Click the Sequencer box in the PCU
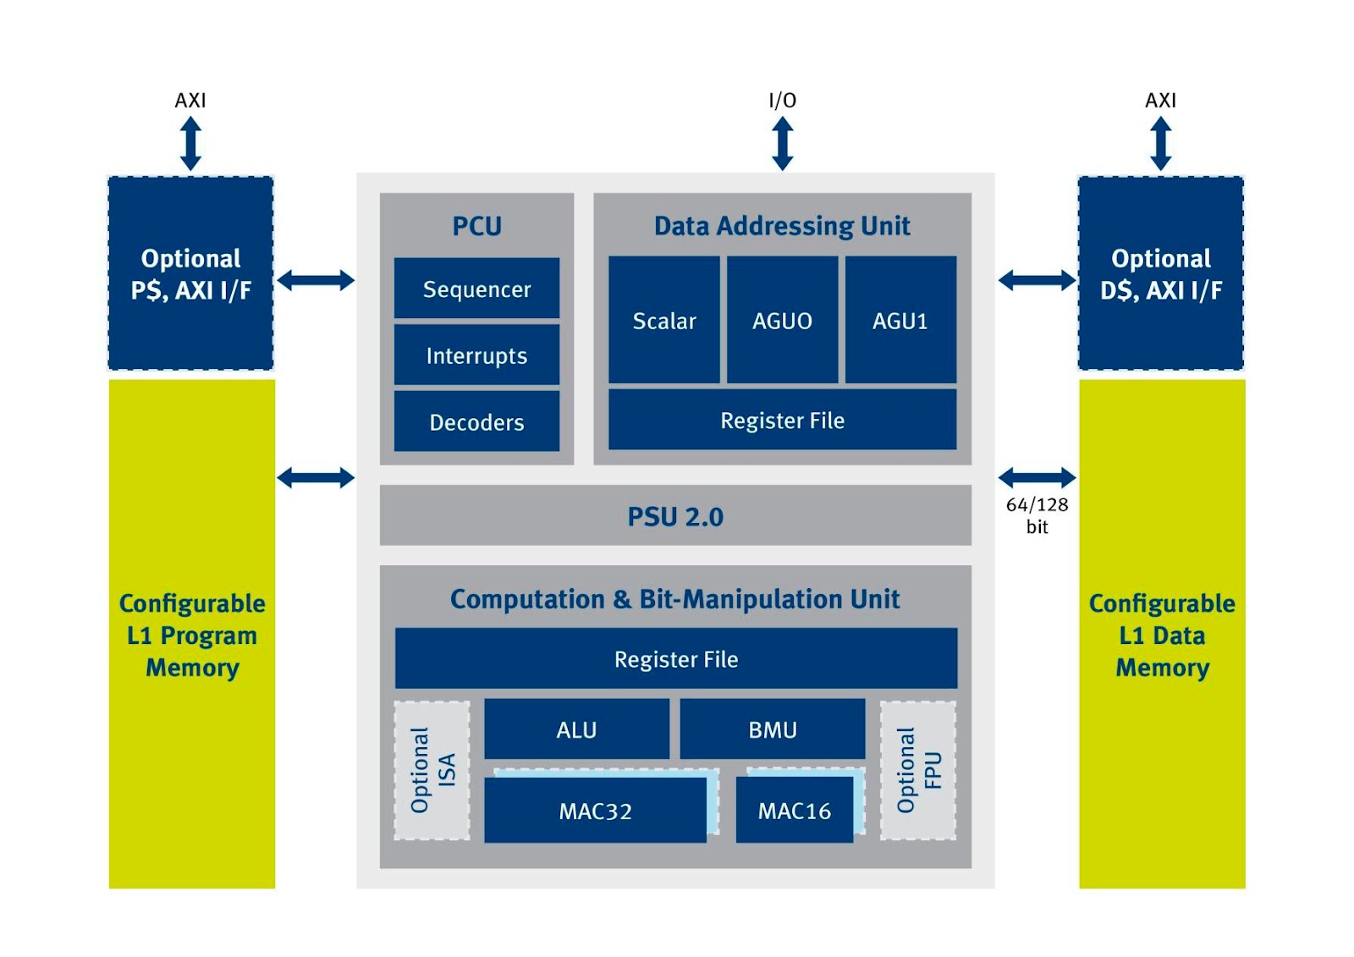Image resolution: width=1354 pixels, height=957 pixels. point(476,289)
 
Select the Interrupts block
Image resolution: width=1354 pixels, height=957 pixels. point(476,355)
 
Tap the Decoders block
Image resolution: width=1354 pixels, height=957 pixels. point(476,421)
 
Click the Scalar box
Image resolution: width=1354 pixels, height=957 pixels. point(664,321)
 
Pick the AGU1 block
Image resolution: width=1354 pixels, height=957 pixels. point(900,321)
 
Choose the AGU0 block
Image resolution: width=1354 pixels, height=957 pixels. point(782,321)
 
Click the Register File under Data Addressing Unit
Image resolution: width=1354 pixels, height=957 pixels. point(782,421)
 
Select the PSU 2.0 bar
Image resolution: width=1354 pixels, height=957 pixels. point(675,516)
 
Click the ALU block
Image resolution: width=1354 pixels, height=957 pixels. point(576,729)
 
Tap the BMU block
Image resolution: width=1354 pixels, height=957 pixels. point(773,729)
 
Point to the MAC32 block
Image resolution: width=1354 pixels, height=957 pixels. point(595,811)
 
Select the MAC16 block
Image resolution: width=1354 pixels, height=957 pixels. point(794,811)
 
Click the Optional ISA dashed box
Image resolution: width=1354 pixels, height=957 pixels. point(432,770)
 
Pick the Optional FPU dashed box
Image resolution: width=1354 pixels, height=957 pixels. point(918,770)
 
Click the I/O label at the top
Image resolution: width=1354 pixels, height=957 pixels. point(782,101)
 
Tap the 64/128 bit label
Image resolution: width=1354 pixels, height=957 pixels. point(1037,515)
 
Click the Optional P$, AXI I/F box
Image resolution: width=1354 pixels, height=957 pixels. point(191,274)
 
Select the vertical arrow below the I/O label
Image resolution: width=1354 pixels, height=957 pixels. point(783,144)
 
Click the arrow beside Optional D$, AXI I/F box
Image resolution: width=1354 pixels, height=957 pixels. point(1037,280)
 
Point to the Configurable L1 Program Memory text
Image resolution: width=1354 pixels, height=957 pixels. point(192,635)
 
